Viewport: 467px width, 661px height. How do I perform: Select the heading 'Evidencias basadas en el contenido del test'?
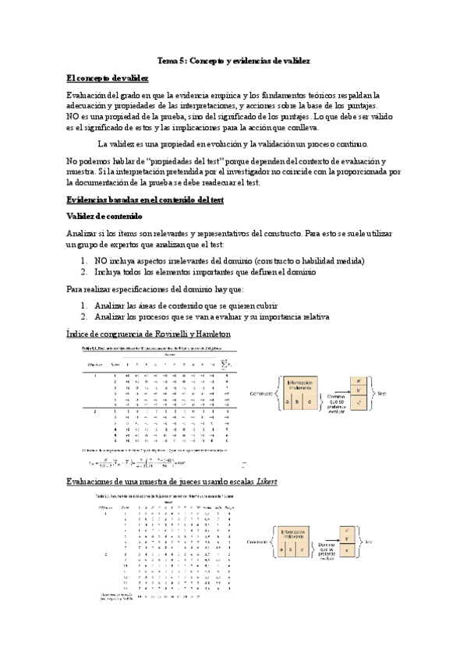pos(145,200)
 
